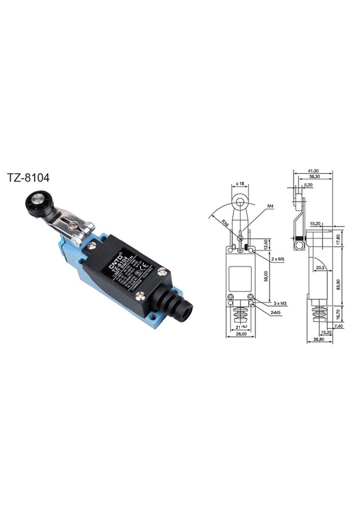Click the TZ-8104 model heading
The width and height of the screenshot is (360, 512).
click(28, 177)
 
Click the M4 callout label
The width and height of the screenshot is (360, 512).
click(270, 206)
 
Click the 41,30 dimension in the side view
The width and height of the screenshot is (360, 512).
click(313, 170)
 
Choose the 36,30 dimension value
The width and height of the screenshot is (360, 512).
click(312, 177)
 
